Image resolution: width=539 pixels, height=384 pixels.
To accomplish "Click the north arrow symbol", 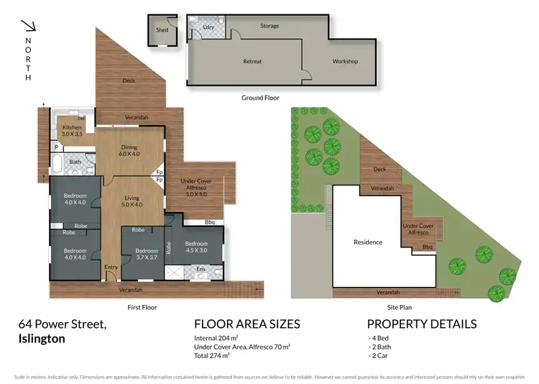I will click(x=29, y=27).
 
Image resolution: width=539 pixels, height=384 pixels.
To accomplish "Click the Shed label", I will click(x=162, y=29).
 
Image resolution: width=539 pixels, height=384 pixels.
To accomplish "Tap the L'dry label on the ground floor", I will click(x=209, y=27).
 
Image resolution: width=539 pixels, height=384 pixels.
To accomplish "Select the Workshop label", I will click(x=345, y=61).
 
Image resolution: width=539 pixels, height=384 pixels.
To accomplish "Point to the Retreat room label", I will click(x=252, y=61).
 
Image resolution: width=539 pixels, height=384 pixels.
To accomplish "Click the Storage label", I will click(x=269, y=26).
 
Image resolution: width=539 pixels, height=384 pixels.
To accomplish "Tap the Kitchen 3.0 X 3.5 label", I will click(x=73, y=131).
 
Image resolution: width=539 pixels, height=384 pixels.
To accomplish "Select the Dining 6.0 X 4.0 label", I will click(x=129, y=151).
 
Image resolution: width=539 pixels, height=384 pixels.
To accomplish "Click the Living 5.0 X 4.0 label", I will click(x=131, y=201).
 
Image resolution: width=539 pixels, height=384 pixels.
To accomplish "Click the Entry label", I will click(x=111, y=268).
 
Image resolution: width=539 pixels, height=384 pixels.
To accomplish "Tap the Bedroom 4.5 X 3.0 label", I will click(x=195, y=247).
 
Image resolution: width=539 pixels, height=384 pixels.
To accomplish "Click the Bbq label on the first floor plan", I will click(x=210, y=221).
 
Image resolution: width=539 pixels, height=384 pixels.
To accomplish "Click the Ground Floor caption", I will click(x=260, y=97).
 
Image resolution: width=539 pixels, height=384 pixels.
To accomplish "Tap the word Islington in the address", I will click(x=42, y=338).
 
